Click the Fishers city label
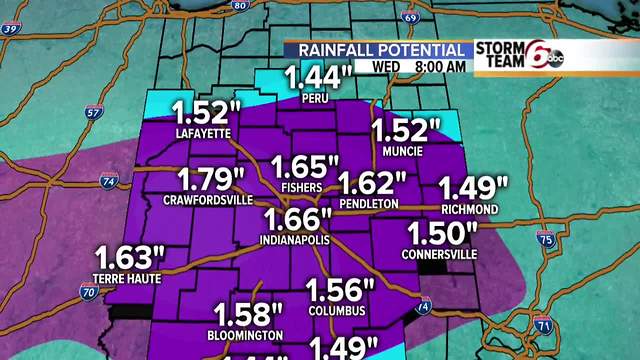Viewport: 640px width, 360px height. click(x=301, y=187)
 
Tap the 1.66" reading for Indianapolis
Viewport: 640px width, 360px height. click(x=297, y=220)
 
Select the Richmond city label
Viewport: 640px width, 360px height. click(x=470, y=209)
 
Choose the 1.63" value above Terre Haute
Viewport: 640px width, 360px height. click(x=127, y=256)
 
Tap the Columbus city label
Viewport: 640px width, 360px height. click(x=337, y=310)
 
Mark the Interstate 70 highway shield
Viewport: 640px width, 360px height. click(x=89, y=292)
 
